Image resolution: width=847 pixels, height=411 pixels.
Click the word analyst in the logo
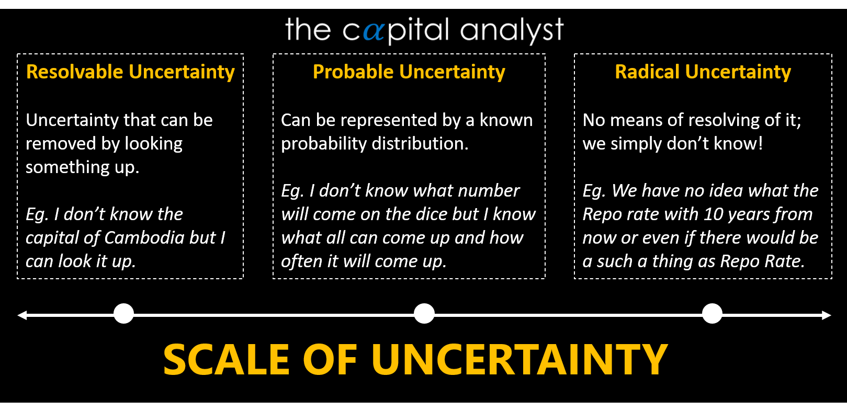coord(512,30)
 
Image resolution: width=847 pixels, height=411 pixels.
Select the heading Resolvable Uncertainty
coord(130,72)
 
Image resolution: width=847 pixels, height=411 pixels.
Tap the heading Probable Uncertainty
coord(409,72)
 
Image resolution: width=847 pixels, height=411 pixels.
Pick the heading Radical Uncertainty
coord(703,72)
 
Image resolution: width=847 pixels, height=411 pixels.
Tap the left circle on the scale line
coord(124,314)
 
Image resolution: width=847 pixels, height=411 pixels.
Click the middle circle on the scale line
coord(424,314)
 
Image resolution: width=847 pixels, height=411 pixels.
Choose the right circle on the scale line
coord(712,314)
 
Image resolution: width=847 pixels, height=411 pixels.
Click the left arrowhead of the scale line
coord(22,315)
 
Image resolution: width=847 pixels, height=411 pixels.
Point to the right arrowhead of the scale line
coord(826,315)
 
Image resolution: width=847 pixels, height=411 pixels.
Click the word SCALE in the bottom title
coord(226,360)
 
